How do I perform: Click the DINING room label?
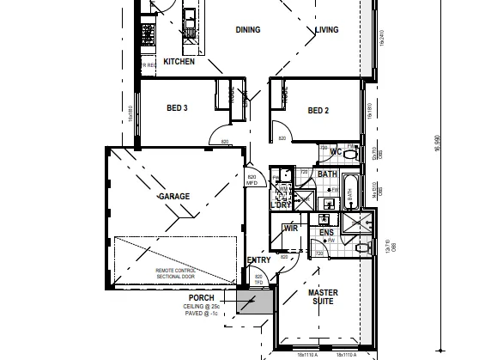tap(248, 30)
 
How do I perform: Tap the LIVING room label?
tap(326, 30)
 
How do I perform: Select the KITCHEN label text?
tap(179, 62)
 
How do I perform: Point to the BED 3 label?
tap(177, 108)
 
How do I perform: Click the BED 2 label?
tap(318, 110)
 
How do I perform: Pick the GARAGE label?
tap(173, 197)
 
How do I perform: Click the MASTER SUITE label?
tap(323, 297)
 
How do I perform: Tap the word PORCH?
tap(202, 298)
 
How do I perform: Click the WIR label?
tap(290, 229)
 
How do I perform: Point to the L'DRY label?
tap(281, 205)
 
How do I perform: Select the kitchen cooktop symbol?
tap(148, 35)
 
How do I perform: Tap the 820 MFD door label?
tap(252, 180)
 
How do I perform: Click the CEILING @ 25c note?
tap(202, 307)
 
